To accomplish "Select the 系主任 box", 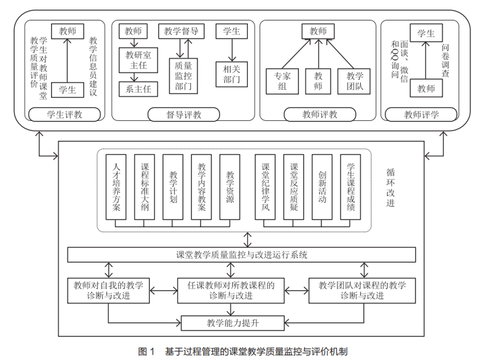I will (138, 90).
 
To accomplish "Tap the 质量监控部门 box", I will (183, 75).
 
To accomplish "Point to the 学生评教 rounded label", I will (64, 114).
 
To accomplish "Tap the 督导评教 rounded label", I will (184, 114).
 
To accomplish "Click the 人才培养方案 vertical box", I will (117, 187).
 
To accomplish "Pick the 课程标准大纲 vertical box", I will (145, 187).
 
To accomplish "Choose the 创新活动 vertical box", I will (323, 187).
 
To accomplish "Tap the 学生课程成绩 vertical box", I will (351, 187).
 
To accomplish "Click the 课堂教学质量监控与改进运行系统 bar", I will (242, 255).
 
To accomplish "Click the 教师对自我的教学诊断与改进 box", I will (109, 290).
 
